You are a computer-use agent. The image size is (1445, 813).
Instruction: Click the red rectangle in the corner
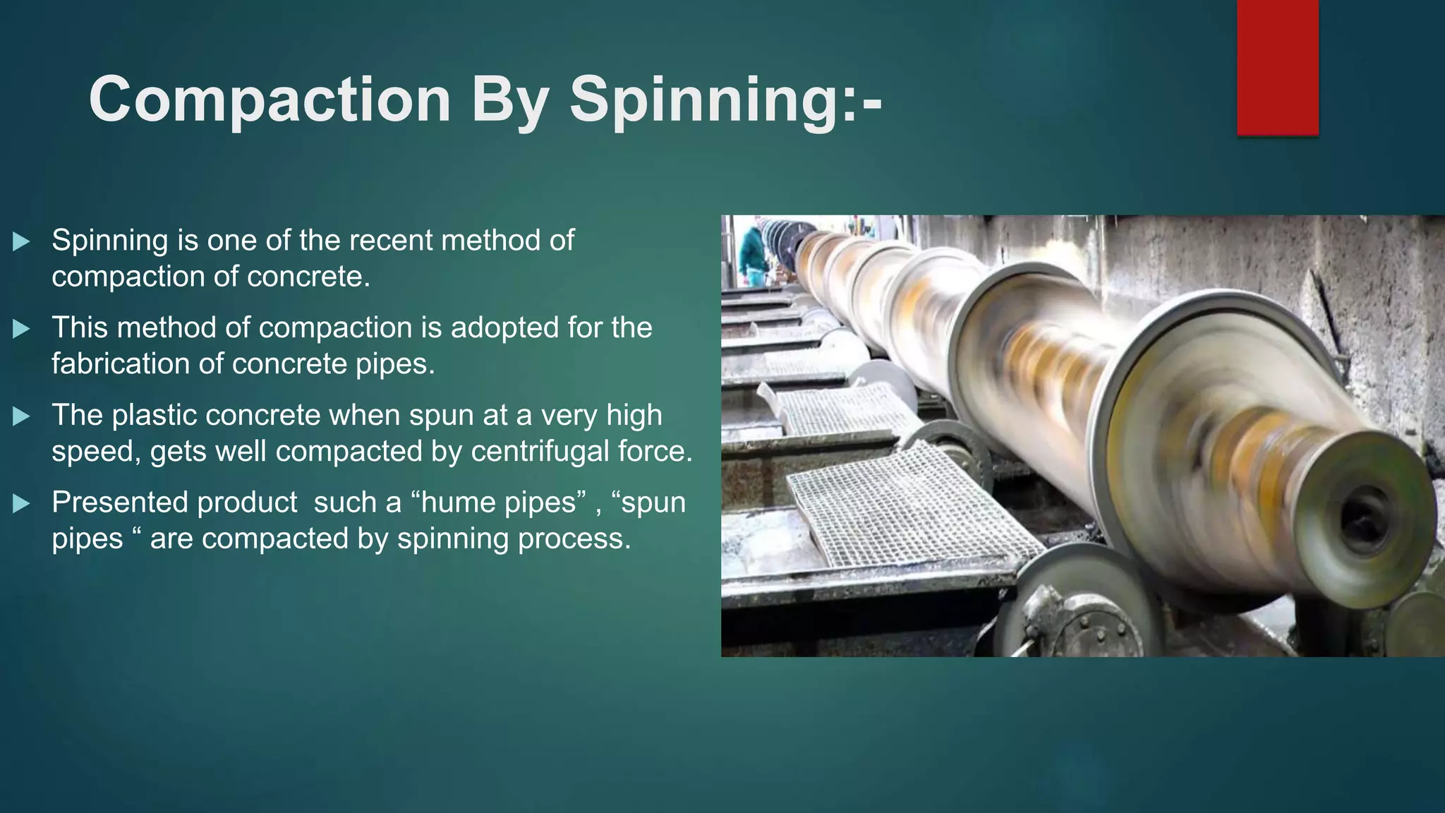(x=1277, y=67)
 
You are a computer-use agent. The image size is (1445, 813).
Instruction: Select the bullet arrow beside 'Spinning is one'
(x=21, y=241)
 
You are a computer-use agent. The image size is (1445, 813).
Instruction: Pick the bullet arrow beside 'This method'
(x=21, y=329)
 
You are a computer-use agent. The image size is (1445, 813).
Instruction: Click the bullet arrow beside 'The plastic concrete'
(x=21, y=416)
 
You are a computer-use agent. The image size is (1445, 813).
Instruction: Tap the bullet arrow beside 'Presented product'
(x=21, y=504)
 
